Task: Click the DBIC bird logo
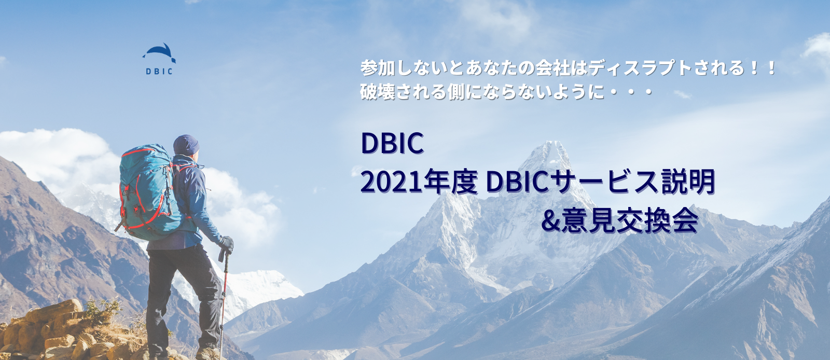pyautogui.click(x=160, y=52)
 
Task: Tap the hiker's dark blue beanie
pyautogui.click(x=186, y=145)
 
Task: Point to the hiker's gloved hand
pyautogui.click(x=227, y=244)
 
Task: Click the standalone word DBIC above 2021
pyautogui.click(x=392, y=143)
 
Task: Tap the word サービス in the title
pyautogui.click(x=604, y=182)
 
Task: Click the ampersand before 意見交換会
pyautogui.click(x=550, y=221)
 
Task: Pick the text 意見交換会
pyautogui.click(x=630, y=221)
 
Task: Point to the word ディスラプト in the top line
pyautogui.click(x=640, y=68)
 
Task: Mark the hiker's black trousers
pyautogui.click(x=182, y=290)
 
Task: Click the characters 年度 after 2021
pyautogui.click(x=450, y=182)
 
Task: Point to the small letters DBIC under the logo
pyautogui.click(x=159, y=72)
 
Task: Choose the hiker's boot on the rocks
pyautogui.click(x=206, y=354)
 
